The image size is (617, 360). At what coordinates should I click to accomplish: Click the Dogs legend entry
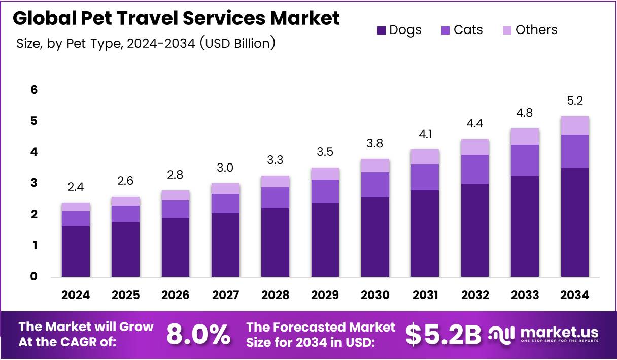(x=399, y=30)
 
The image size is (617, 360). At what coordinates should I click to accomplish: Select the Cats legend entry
(x=462, y=30)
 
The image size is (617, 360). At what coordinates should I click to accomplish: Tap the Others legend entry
(x=530, y=30)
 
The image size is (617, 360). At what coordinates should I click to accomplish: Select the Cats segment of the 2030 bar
(x=375, y=184)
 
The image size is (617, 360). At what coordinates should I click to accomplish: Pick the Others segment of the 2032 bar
(x=475, y=147)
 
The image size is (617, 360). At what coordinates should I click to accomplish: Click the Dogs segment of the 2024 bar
(x=76, y=251)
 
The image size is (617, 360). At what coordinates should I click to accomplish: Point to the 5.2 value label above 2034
(x=575, y=101)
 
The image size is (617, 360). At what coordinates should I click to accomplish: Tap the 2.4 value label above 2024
(x=76, y=187)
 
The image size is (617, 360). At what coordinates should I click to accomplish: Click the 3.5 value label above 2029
(x=325, y=152)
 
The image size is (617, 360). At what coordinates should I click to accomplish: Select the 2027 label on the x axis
(x=225, y=295)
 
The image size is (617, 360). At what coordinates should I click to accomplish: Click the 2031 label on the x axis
(x=425, y=295)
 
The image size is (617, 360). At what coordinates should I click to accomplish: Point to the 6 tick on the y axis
(x=34, y=90)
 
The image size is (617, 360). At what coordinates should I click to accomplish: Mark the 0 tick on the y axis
(x=34, y=277)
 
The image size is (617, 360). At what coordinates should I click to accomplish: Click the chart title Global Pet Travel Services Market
(x=176, y=18)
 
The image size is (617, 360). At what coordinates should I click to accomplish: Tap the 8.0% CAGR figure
(x=198, y=335)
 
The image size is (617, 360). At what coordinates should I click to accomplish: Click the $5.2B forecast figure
(x=443, y=335)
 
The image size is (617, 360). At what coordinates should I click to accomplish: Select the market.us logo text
(x=558, y=333)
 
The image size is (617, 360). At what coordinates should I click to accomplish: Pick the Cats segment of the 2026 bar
(x=176, y=209)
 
